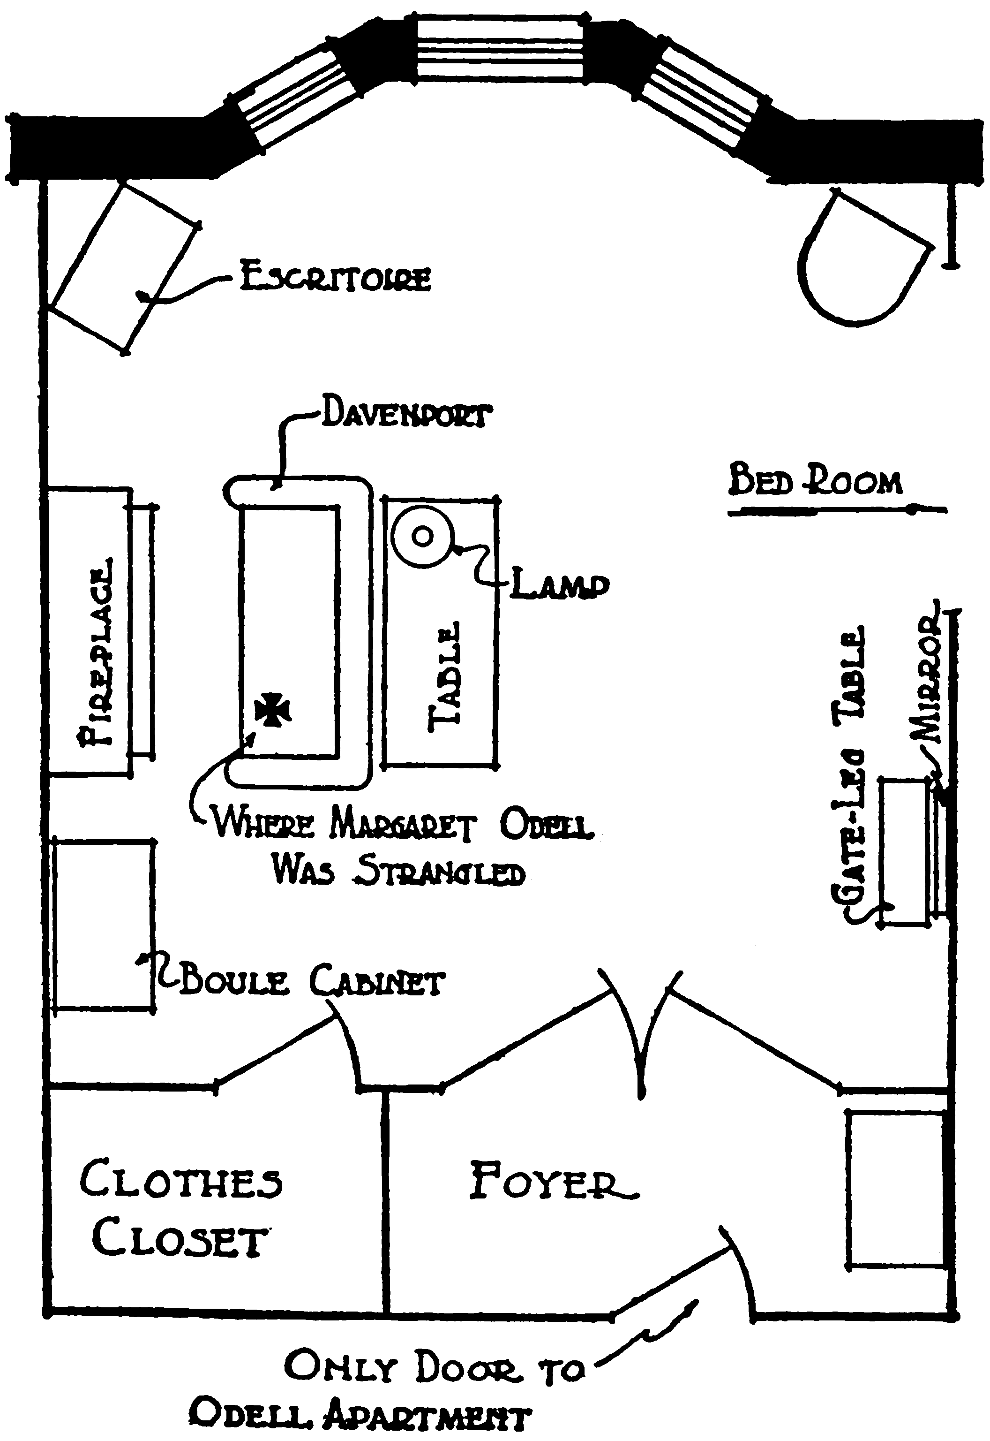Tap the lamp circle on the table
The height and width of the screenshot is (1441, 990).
click(422, 536)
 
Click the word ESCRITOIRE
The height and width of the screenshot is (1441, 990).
click(335, 278)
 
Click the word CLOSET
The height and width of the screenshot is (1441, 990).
click(180, 1241)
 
